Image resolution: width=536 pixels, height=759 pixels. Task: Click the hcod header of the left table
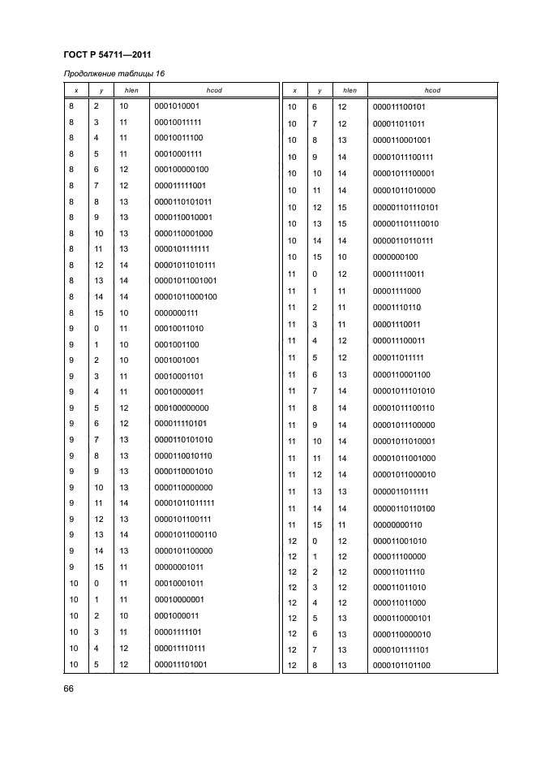point(210,90)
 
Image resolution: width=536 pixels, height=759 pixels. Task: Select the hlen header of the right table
point(350,90)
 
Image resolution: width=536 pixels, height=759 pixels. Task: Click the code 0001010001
point(177,106)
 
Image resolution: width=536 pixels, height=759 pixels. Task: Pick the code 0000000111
point(176,313)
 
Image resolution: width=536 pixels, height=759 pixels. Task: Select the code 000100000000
point(181,408)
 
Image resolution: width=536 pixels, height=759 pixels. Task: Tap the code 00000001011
point(178,567)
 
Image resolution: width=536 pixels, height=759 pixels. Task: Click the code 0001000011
point(176,615)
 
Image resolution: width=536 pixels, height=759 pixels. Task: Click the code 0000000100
point(395,257)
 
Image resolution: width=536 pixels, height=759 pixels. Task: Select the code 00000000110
point(397,524)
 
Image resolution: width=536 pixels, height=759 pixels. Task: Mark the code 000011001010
point(400,541)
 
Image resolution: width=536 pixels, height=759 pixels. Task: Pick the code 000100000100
point(181,170)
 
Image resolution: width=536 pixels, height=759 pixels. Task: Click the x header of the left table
point(75,90)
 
